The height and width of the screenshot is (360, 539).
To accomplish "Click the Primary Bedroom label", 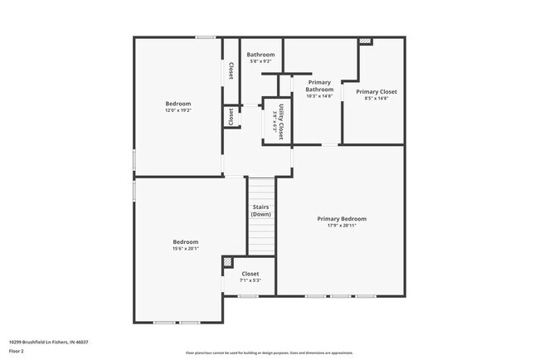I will (341, 219).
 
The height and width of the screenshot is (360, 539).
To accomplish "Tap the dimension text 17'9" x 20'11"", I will (341, 226).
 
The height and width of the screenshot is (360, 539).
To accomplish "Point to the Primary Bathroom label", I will (319, 86).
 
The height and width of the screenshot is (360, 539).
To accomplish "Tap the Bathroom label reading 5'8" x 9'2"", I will (260, 55).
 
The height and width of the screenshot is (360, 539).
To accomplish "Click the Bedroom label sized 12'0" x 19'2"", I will (177, 104).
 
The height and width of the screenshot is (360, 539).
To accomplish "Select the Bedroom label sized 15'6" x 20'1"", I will (185, 242).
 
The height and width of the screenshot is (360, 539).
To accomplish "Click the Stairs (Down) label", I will (260, 211).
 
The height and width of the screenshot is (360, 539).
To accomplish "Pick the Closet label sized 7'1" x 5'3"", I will (250, 274).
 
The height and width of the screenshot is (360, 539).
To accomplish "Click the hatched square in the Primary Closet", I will (366, 41).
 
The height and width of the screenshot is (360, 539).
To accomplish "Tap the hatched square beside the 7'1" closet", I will (228, 263).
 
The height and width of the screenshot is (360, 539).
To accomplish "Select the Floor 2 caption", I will (17, 351).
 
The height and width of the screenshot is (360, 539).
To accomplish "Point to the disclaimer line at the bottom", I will (269, 353).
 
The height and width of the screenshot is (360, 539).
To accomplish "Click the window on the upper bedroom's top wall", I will (206, 36).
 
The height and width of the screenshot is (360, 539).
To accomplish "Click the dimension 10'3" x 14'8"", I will (319, 96).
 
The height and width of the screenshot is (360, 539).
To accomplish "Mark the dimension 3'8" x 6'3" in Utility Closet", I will (274, 121).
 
